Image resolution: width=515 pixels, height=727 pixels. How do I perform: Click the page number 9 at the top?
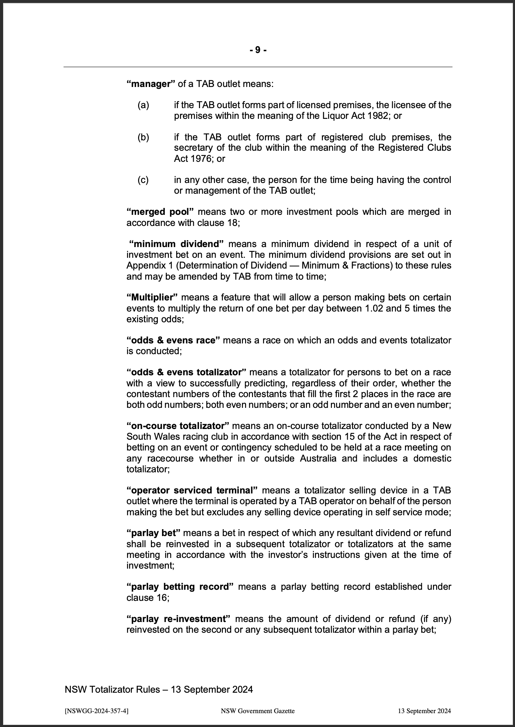[x=258, y=50]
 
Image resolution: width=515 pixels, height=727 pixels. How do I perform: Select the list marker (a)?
[x=143, y=105]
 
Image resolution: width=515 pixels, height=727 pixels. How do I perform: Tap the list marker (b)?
[x=143, y=137]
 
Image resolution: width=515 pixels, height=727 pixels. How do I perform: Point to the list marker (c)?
[x=143, y=180]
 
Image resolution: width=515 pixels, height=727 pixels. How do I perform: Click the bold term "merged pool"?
[x=160, y=212]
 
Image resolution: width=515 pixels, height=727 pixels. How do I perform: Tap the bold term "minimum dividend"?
[x=177, y=244]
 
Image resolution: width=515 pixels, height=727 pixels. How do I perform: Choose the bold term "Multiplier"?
[x=152, y=298]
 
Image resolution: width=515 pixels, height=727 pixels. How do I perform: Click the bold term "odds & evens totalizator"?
[x=186, y=373]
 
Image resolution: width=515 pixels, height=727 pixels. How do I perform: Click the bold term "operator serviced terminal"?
[x=192, y=490]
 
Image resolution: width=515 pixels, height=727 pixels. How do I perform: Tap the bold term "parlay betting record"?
[x=180, y=587]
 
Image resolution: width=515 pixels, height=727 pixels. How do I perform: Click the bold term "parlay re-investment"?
[x=179, y=619]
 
